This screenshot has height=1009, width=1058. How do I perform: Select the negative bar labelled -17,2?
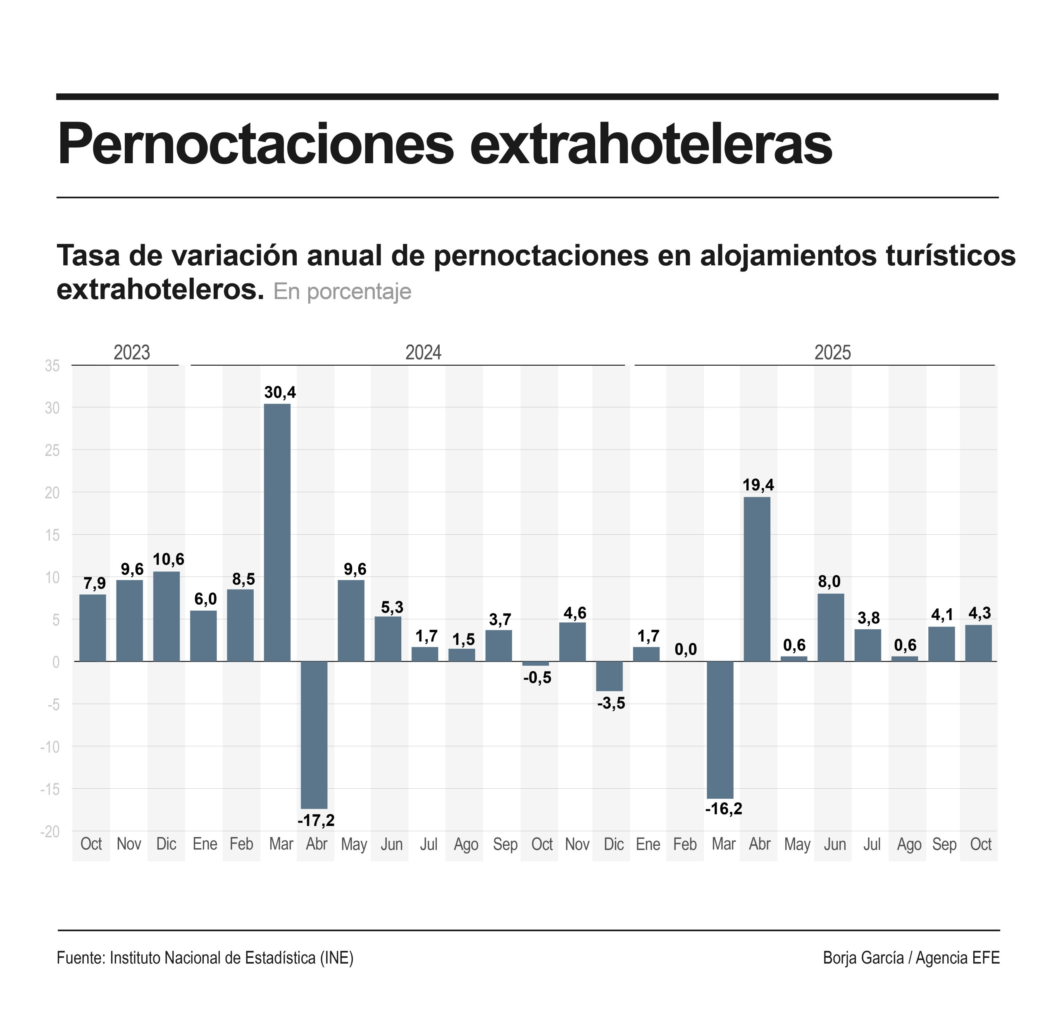click(314, 735)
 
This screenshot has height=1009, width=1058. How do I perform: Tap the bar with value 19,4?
click(757, 579)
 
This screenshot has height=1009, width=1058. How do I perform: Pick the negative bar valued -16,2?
click(720, 730)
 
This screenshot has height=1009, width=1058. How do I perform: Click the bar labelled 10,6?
click(166, 616)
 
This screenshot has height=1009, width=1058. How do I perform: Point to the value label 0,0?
click(685, 650)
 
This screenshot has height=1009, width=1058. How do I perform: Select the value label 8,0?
click(829, 581)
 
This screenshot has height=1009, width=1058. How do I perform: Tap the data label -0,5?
click(537, 678)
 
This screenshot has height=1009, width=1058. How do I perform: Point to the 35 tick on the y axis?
click(52, 366)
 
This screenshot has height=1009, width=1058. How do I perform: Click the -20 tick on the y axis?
click(50, 831)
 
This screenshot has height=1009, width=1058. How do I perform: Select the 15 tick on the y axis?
click(52, 535)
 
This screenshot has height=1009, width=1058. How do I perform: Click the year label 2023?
click(132, 353)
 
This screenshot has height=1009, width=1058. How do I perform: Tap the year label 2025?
click(832, 353)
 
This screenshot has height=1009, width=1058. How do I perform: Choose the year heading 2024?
click(423, 353)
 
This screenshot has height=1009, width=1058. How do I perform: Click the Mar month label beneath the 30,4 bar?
click(281, 844)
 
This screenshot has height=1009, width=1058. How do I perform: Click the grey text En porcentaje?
click(342, 292)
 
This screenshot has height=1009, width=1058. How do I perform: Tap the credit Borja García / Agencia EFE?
click(910, 957)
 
